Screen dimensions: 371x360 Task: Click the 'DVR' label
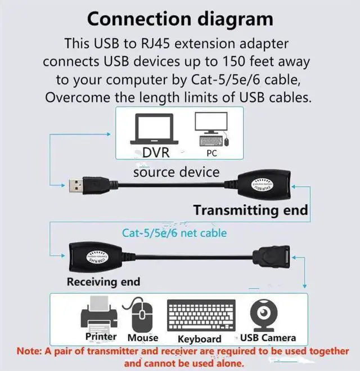click(x=155, y=153)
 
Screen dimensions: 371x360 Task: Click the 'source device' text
click(x=176, y=171)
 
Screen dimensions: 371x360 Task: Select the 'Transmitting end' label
click(x=250, y=210)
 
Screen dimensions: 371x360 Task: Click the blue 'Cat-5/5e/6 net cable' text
click(x=174, y=232)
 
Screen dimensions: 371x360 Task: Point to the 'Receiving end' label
click(x=103, y=281)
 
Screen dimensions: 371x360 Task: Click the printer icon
click(x=101, y=315)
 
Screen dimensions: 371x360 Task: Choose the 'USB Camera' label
click(x=268, y=338)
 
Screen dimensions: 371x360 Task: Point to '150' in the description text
click(x=255, y=61)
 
